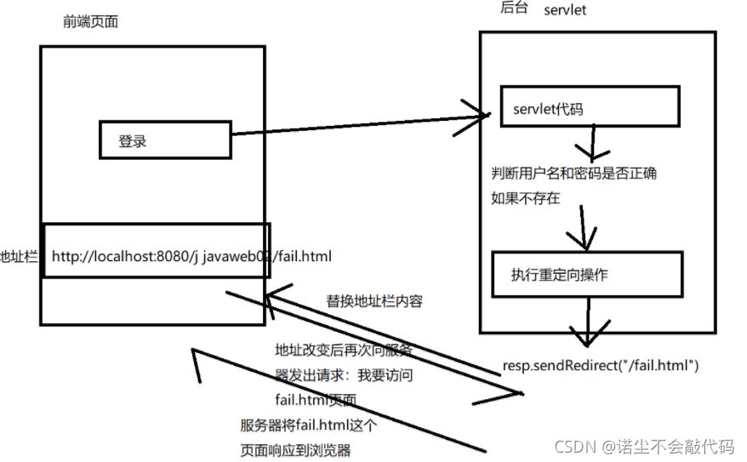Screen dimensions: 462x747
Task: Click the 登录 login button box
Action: [x=165, y=140]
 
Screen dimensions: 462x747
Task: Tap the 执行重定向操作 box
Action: [x=587, y=274]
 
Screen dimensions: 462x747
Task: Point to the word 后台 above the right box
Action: [x=515, y=9]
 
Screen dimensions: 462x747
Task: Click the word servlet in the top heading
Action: [x=565, y=10]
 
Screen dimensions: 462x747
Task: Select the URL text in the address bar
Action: [x=191, y=255]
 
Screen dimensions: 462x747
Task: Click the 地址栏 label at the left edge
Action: [x=19, y=255]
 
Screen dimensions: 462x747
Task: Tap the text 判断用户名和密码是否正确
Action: [x=574, y=174]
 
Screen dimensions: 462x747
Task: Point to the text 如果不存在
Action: [x=524, y=199]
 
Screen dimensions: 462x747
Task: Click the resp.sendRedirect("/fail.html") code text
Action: [x=601, y=366]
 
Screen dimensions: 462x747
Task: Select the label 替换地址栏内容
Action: [x=375, y=301]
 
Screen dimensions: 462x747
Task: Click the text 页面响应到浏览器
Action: [x=295, y=450]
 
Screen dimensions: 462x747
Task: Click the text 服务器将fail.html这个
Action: [x=309, y=425]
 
